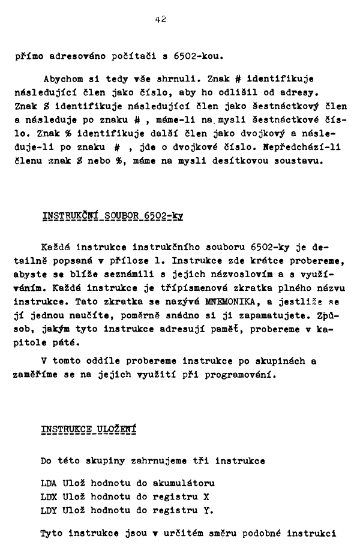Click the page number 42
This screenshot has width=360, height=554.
pos(160,19)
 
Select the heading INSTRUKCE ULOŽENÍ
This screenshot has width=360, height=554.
pos(89,430)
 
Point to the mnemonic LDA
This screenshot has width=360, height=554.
pos(48,483)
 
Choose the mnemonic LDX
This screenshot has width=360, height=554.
pos(48,497)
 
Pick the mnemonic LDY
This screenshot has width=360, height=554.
pos(48,511)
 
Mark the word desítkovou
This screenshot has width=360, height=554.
pos(238,161)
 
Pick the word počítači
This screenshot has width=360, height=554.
pos(133,58)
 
